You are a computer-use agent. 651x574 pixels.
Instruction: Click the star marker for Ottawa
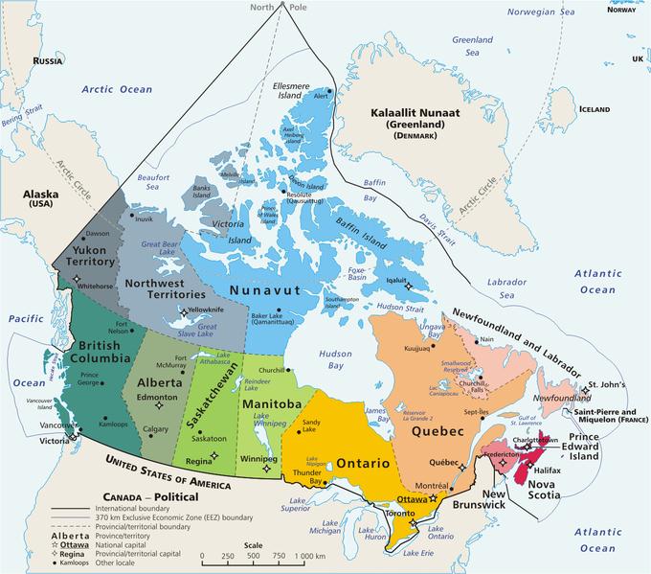pyautogui.click(x=434, y=498)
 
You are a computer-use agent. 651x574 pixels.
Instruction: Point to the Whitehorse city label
pyautogui.click(x=101, y=285)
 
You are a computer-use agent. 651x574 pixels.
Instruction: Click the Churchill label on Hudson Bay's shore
pyautogui.click(x=273, y=370)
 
